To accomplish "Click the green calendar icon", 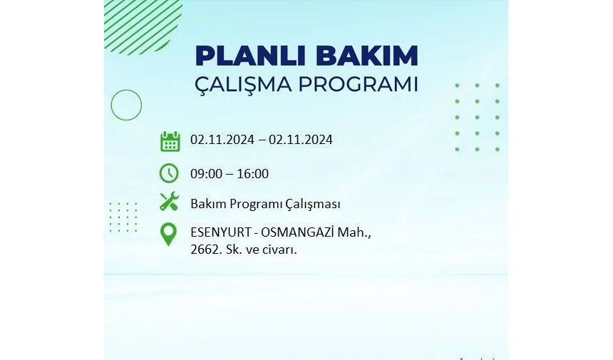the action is click(170, 141).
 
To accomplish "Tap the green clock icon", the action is click(169, 173).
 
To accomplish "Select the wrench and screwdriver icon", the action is click(169, 202).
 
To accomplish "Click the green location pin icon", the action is click(168, 234).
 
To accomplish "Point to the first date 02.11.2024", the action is click(222, 140).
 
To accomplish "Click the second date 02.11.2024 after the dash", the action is click(301, 140).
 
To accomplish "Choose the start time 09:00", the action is click(207, 173).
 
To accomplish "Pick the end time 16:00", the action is click(252, 173).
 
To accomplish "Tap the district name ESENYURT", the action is click(220, 232).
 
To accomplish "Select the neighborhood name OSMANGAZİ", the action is click(297, 232).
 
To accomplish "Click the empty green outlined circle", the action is click(126, 105).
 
